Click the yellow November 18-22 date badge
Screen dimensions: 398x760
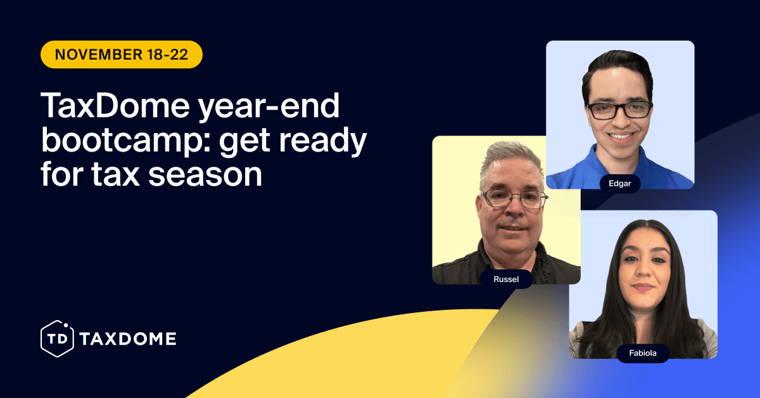coord(121,55)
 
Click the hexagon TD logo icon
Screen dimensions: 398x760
coord(58,338)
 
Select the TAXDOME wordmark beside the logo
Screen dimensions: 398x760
coord(128,339)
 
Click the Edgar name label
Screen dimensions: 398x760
coord(620,183)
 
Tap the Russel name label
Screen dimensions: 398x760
coord(506,279)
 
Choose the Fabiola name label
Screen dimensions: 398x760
coord(643,353)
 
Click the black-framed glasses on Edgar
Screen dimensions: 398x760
coord(619,110)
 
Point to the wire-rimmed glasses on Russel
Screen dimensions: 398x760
coord(513,198)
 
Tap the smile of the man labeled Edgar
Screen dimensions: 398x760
coord(620,136)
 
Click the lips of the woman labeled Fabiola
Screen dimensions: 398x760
coord(643,287)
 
